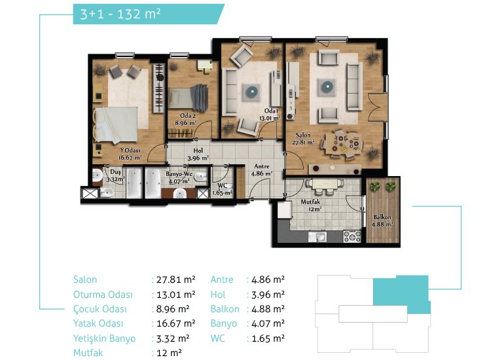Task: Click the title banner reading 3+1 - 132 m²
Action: (x=149, y=14)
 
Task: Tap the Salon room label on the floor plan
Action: (x=303, y=135)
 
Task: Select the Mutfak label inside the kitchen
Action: (x=310, y=202)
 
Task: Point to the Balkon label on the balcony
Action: (x=382, y=217)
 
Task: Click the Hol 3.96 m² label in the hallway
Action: (x=198, y=154)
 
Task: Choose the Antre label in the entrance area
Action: (x=262, y=166)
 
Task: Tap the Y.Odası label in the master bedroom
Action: (x=130, y=151)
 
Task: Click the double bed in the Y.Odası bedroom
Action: (x=116, y=125)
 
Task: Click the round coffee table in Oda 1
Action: (x=252, y=92)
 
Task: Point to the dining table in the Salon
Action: (x=343, y=144)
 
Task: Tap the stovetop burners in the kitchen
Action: (x=352, y=236)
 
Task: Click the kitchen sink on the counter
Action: (x=318, y=237)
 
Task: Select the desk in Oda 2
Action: (x=205, y=66)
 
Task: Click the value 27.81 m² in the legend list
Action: (x=175, y=279)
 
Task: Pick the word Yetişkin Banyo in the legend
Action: (x=104, y=338)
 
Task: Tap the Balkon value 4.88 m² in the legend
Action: (x=268, y=309)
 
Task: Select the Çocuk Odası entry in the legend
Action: (x=100, y=309)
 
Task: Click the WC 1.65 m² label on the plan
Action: (x=222, y=189)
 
